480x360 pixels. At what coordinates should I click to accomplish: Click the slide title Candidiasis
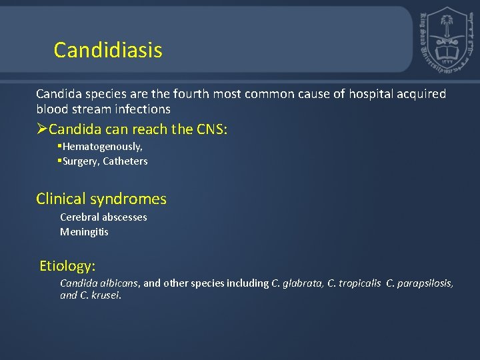(108, 50)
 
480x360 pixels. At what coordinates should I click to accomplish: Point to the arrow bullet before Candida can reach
(42, 129)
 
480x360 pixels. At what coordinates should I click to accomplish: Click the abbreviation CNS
(211, 129)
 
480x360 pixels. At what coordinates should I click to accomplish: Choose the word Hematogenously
(102, 146)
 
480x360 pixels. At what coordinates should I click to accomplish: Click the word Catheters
(125, 161)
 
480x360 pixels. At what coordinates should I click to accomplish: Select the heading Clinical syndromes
(101, 199)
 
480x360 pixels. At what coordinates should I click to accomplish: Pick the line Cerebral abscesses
(103, 217)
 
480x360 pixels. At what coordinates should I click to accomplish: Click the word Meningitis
(84, 232)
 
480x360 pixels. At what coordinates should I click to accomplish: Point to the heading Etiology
(67, 266)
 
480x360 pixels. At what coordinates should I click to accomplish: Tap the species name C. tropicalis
(353, 283)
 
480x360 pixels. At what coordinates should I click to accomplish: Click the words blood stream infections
(103, 109)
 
